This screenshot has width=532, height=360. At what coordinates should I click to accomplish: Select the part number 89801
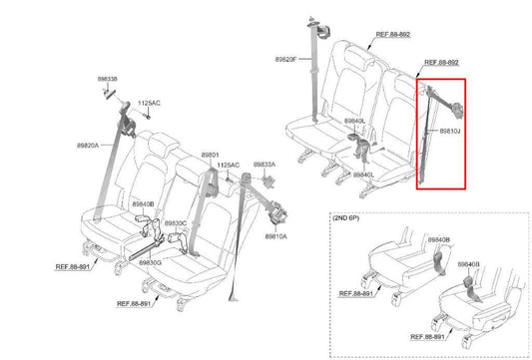(210, 155)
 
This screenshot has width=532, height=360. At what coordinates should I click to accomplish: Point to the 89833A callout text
(265, 164)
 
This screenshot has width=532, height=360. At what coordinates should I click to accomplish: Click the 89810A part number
(276, 236)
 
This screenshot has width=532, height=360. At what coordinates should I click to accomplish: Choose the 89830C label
(175, 223)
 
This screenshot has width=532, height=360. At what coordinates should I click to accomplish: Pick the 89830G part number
(150, 262)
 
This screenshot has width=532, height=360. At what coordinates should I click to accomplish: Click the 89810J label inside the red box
(450, 130)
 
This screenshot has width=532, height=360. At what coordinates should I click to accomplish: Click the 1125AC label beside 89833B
(148, 103)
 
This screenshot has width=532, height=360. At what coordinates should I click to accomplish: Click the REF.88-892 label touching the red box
(442, 61)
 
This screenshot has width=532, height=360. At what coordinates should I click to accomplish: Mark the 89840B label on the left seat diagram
(144, 203)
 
